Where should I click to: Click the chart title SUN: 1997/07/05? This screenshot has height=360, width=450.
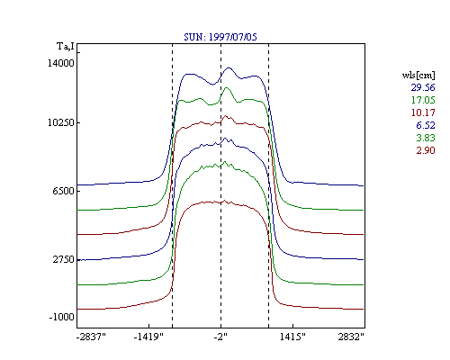[x=220, y=37]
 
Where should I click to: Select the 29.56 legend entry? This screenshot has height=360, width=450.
[x=423, y=87]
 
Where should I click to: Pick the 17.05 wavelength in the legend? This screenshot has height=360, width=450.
[x=423, y=100]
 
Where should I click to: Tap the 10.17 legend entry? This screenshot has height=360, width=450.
[x=423, y=112]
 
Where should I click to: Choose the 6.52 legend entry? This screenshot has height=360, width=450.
[x=426, y=125]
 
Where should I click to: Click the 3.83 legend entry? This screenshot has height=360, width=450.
[x=426, y=138]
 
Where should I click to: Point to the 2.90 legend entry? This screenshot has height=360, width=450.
[x=426, y=150]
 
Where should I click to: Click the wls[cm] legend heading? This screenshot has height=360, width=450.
[x=418, y=75]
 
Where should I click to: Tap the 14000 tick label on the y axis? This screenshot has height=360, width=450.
[x=61, y=63]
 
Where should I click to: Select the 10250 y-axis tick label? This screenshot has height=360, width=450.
[x=61, y=122]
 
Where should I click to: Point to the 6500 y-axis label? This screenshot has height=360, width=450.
[x=63, y=191]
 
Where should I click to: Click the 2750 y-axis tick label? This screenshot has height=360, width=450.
[x=63, y=259]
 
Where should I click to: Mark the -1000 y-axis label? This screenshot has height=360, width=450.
[x=61, y=317]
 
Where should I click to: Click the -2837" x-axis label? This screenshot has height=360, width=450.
[x=91, y=337]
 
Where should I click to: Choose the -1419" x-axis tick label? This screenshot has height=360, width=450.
[x=148, y=337]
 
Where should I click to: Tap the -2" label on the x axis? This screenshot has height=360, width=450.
[x=220, y=337]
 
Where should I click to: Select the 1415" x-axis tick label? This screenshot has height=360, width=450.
[x=292, y=337]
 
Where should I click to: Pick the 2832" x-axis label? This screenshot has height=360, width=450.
[x=351, y=337]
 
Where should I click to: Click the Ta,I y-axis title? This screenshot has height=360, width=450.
[x=66, y=47]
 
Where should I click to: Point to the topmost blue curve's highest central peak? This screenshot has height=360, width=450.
[x=229, y=67]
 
